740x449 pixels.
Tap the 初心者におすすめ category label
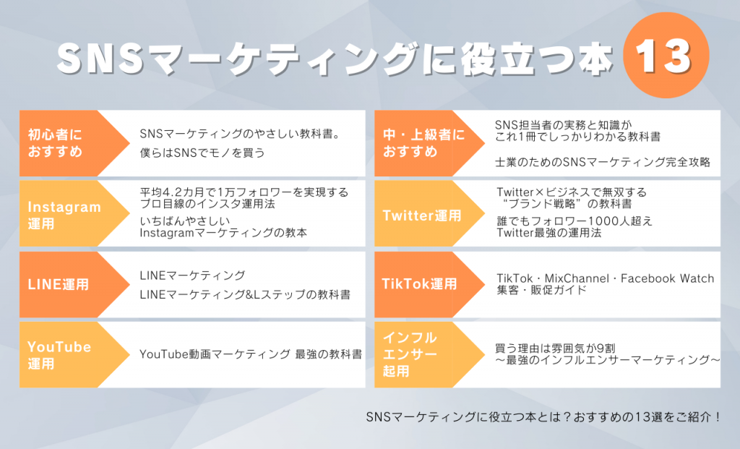(56, 143)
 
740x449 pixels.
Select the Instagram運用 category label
(64, 215)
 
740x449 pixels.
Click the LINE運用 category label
(59, 285)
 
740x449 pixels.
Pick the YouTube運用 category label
(59, 355)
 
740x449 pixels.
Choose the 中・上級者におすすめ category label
(423, 143)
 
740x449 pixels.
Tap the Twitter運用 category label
(421, 215)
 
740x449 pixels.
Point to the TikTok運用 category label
(419, 284)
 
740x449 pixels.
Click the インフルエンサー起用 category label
(410, 354)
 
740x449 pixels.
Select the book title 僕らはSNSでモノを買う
(202, 153)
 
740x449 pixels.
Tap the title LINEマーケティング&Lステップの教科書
(245, 294)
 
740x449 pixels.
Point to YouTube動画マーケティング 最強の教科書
(251, 354)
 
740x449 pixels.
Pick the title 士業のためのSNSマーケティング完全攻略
(604, 162)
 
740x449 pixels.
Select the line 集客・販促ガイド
(542, 290)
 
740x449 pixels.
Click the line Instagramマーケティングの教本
(223, 233)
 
